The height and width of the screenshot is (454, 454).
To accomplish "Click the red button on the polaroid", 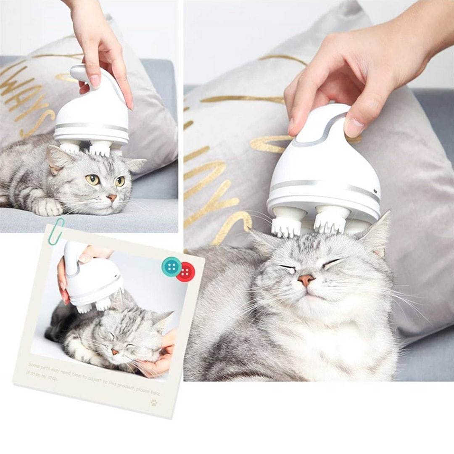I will click(x=185, y=272).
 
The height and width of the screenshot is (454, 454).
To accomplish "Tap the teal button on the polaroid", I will click(x=172, y=266).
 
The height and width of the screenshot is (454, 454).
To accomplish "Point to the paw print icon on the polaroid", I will click(x=154, y=402).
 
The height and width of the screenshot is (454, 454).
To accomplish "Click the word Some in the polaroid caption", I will click(x=34, y=365).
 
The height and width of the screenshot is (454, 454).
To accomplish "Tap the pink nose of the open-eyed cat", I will click(x=112, y=198).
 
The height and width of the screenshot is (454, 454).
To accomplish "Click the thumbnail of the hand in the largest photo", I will click(x=354, y=127).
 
